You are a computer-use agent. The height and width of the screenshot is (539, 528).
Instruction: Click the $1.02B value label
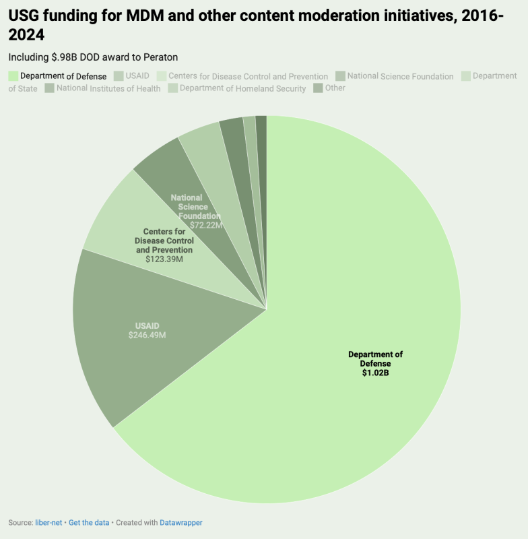pyautogui.click(x=375, y=372)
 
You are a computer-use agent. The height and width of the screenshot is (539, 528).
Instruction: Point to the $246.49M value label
pyautogui.click(x=147, y=335)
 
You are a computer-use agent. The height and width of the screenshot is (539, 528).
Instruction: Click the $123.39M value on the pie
pyautogui.click(x=164, y=258)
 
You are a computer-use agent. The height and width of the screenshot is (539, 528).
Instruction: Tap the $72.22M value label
pyautogui.click(x=205, y=225)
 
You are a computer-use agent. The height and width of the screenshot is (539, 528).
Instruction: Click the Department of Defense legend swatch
pyautogui.click(x=13, y=76)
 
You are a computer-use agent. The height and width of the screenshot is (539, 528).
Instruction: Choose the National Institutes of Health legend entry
pyautogui.click(x=108, y=88)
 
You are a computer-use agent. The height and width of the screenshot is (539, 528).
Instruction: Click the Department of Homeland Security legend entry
pyautogui.click(x=242, y=88)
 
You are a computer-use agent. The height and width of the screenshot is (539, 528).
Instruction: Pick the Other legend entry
pyautogui.click(x=335, y=88)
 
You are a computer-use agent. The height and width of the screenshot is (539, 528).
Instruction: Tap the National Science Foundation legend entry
pyautogui.click(x=400, y=76)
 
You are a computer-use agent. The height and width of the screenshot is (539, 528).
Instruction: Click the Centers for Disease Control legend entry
pyautogui.click(x=248, y=76)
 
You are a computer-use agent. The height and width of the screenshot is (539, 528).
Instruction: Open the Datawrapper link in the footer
pyautogui.click(x=180, y=522)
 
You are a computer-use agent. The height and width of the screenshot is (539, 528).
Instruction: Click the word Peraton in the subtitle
pyautogui.click(x=160, y=57)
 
